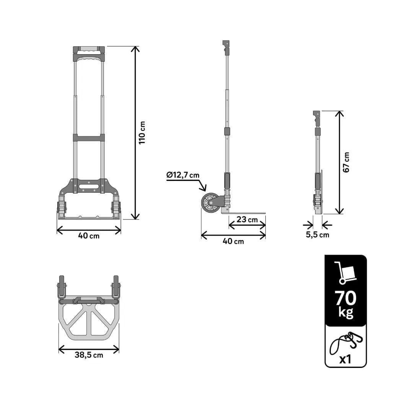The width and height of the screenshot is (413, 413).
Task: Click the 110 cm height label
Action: coord(142,132)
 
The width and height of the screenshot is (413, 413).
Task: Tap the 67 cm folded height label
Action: coord(346,162)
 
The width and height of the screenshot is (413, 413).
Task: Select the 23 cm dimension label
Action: coord(247,220)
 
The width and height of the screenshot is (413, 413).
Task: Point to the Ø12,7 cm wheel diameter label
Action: coord(183,175)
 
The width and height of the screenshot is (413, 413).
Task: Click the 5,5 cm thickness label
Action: coord(317,235)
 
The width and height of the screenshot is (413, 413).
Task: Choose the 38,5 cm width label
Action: coord(89,355)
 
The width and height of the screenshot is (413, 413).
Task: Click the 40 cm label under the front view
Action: coord(89,236)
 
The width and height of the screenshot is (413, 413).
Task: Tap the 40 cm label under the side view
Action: coord(233,241)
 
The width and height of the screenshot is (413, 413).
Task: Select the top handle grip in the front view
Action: coord(89,49)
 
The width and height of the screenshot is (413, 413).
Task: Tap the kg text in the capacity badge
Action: coord(346,312)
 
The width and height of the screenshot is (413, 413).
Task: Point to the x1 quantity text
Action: coord(345,359)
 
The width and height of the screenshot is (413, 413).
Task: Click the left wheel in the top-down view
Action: coord(62,286)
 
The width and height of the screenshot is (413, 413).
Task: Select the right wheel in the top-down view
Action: coord(116,286)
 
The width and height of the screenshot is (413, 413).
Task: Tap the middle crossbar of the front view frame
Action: coord(89,138)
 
